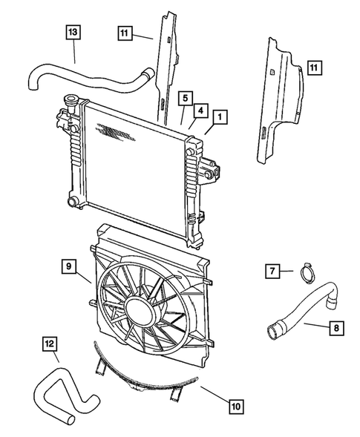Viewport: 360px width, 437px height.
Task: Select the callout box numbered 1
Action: point(219,118)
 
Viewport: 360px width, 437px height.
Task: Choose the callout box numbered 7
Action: point(272,272)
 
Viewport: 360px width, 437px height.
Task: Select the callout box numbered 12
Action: point(49,344)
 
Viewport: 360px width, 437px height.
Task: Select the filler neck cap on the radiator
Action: point(73,101)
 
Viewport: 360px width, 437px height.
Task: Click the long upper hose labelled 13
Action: point(89,74)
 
